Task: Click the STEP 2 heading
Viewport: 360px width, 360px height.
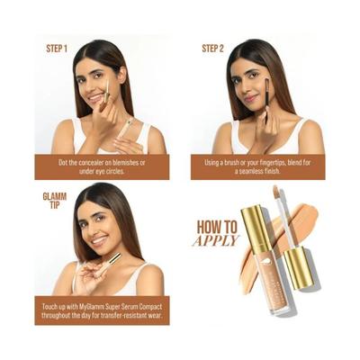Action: [212, 48]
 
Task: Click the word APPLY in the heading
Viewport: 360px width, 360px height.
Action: [216, 241]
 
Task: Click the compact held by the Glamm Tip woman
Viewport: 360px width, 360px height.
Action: [114, 262]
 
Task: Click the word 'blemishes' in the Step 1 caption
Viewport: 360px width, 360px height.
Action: [139, 163]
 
